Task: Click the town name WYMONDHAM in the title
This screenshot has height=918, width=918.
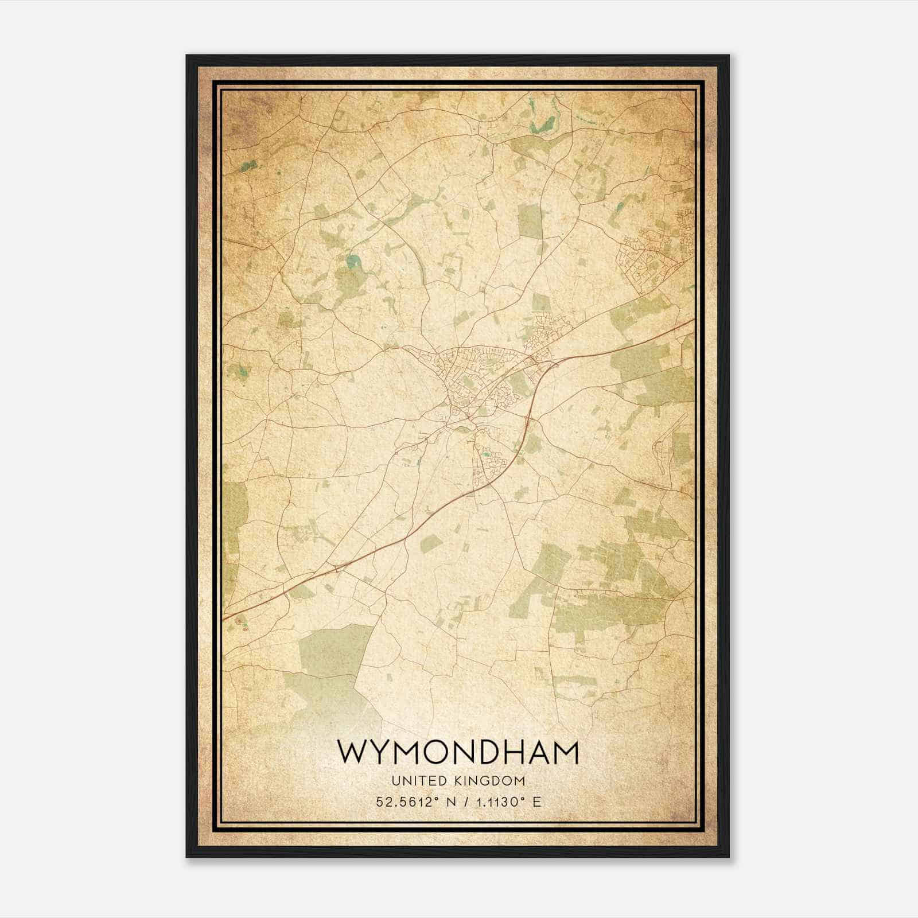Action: tap(457, 752)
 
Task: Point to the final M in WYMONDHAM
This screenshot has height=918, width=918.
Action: tap(563, 752)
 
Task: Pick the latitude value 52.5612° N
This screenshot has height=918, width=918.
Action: tap(413, 802)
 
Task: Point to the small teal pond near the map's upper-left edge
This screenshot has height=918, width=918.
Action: tap(248, 167)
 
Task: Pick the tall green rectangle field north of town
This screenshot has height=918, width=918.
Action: tap(530, 219)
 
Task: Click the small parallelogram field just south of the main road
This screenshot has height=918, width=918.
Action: tap(430, 543)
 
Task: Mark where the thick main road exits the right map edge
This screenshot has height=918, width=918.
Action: tap(693, 321)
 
